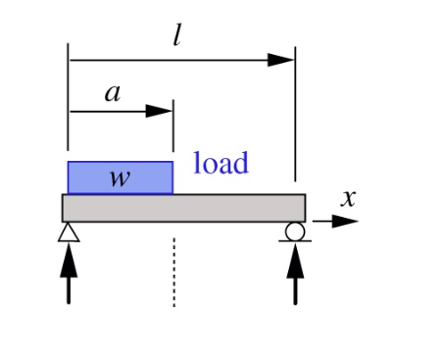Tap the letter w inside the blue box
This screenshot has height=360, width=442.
point(120,179)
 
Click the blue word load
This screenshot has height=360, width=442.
point(221,163)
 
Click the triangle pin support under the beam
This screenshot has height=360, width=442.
point(68,231)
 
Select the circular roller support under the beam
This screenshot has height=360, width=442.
point(295,231)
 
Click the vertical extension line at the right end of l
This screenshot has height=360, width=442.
point(295,118)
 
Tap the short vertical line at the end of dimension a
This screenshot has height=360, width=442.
point(173,128)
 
